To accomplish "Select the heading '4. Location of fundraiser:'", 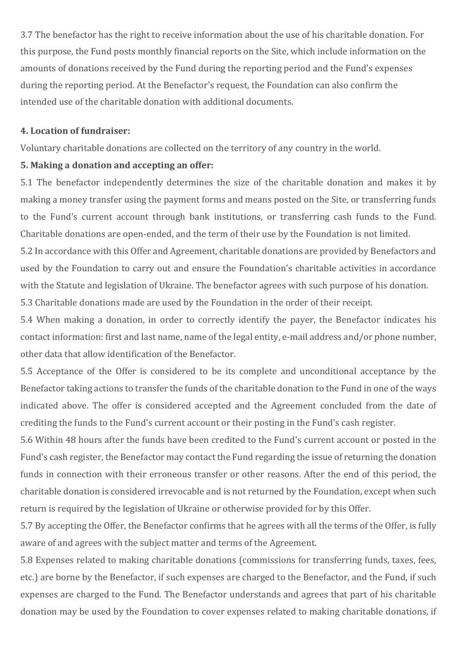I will click(x=75, y=131).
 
